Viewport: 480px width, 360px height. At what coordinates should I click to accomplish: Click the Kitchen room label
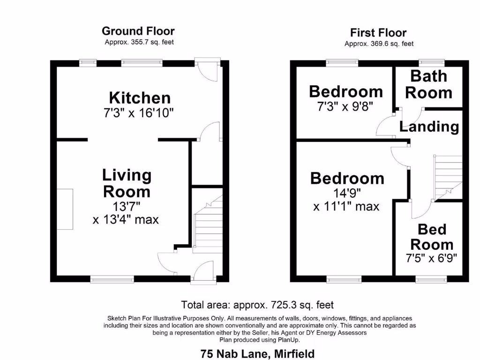click(x=140, y=98)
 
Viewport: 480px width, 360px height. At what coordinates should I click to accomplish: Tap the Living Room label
click(x=127, y=183)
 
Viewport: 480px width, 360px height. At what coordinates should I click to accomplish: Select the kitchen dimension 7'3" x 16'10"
click(x=140, y=113)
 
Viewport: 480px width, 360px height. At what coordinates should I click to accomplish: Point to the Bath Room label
click(x=428, y=84)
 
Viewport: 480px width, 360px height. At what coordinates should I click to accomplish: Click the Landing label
click(x=429, y=127)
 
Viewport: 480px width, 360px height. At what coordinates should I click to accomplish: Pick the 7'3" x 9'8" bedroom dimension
click(x=346, y=106)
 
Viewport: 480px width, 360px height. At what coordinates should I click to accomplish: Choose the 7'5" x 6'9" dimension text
click(x=432, y=258)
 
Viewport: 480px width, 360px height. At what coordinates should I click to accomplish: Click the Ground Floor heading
click(x=138, y=31)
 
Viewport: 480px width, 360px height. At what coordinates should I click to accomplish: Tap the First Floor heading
click(x=378, y=33)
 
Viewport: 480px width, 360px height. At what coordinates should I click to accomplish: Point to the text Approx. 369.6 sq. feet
click(x=379, y=44)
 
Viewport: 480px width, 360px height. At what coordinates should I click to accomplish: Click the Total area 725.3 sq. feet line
click(x=257, y=305)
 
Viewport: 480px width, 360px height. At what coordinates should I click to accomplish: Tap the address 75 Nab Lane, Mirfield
click(x=257, y=353)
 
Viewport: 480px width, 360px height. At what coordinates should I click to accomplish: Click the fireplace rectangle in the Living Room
click(x=65, y=209)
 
